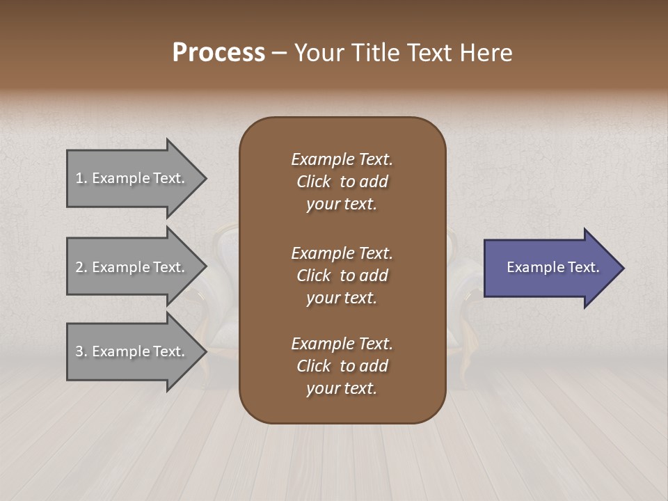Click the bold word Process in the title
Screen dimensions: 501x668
coord(218,53)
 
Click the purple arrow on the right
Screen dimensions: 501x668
coord(550,268)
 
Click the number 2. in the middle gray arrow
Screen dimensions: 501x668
coord(81,267)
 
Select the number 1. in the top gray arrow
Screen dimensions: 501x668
coord(81,178)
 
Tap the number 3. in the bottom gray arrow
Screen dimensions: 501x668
coord(81,351)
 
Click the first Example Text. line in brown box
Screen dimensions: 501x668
coord(342,159)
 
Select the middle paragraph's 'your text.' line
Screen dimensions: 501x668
coord(342,298)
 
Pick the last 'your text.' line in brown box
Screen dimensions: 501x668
coord(342,388)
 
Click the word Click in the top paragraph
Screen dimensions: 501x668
coord(314,182)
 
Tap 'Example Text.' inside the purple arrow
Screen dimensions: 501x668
coord(552,267)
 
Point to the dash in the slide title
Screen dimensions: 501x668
coord(279,53)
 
